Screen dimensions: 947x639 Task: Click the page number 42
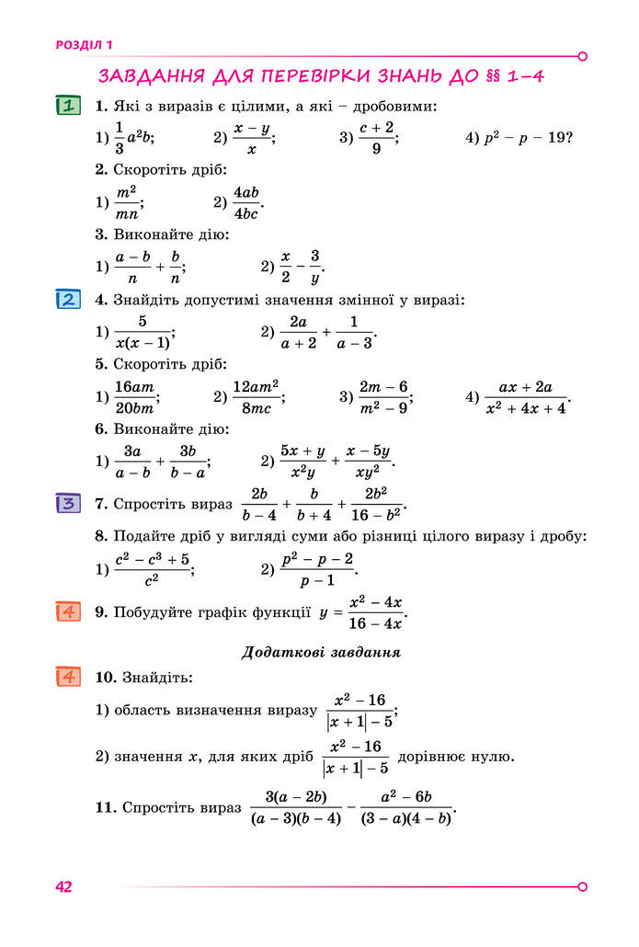63,886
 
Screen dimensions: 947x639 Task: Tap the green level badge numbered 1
68,106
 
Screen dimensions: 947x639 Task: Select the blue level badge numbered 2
68,300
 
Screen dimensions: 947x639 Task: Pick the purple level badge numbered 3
68,503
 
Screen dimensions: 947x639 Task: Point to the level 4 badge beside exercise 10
68,677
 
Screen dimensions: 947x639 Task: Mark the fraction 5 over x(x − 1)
143,332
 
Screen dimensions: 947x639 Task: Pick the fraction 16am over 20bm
135,397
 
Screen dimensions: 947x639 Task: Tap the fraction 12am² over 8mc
257,397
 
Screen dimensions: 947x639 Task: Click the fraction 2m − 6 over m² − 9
383,397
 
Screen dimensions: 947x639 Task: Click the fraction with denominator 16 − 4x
376,612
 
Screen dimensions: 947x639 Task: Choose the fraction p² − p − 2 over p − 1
317,569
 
